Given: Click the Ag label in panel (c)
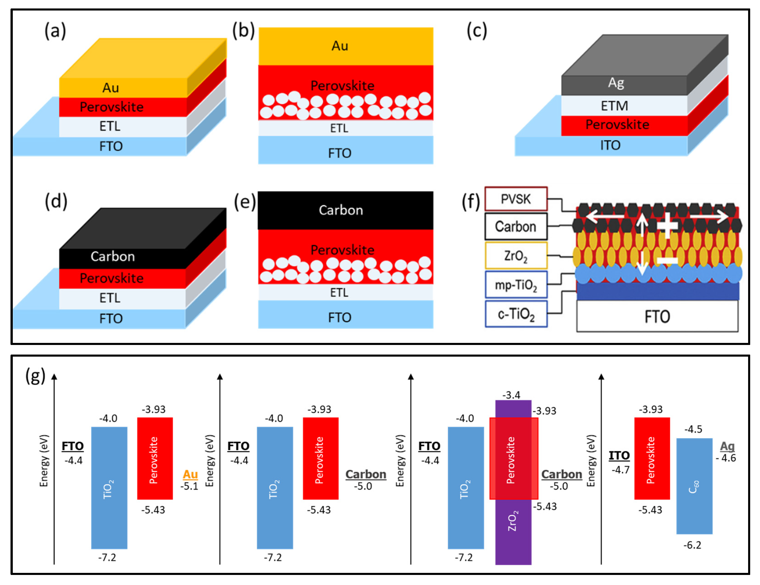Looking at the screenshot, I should coord(616,83).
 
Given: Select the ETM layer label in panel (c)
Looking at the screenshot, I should coord(614,106).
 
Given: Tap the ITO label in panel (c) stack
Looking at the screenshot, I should coord(610,145).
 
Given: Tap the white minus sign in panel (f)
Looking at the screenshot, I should coord(667,260).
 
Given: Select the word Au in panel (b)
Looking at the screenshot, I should coord(340,46).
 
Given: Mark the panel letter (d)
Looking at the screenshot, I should coord(56,202).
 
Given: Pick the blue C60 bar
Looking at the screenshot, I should coord(694,487).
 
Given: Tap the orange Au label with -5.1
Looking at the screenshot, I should coord(190,474).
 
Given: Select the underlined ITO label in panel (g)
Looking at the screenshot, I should coord(619,455).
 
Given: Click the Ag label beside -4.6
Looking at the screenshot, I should coord(727,446).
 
